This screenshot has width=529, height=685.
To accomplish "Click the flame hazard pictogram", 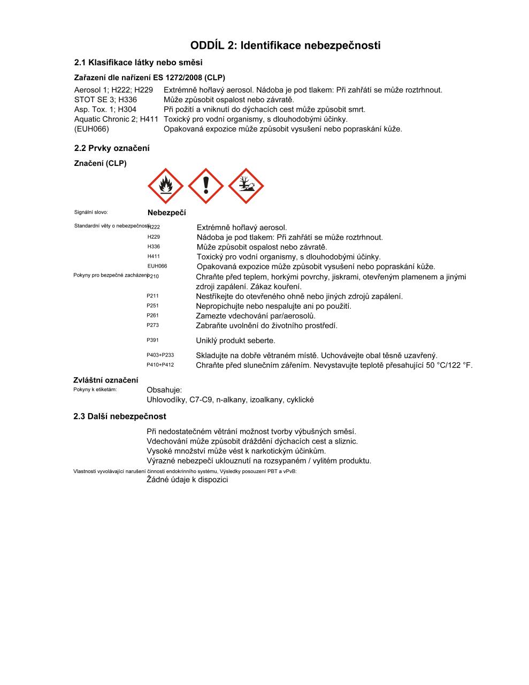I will [165, 186].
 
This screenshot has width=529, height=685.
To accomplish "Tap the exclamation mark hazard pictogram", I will [206, 186].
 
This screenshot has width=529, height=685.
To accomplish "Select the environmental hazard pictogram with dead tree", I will [246, 186].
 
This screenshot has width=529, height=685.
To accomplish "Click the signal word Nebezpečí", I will [166, 213].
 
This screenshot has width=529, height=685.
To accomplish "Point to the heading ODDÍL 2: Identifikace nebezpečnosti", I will [285, 45].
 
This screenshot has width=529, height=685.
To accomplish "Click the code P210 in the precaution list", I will [153, 276].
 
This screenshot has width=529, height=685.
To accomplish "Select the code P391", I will [152, 340].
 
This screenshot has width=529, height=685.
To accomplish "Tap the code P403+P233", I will [160, 355].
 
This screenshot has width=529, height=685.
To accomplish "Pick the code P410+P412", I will [160, 365].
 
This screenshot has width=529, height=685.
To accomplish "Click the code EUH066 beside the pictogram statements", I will [157, 266].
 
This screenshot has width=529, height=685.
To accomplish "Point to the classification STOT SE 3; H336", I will [105, 100].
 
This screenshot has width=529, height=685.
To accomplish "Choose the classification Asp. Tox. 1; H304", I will [105, 109].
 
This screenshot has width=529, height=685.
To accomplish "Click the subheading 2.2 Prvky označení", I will [112, 148].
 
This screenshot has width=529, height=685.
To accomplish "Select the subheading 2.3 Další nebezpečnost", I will [120, 416].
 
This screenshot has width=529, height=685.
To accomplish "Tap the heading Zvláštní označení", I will [105, 380].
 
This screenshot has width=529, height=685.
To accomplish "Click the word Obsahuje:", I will [164, 390].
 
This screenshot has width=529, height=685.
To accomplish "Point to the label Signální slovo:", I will [91, 212].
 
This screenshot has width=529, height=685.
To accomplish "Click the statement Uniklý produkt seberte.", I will [235, 340].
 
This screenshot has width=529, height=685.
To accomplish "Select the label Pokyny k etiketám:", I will [95, 389].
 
